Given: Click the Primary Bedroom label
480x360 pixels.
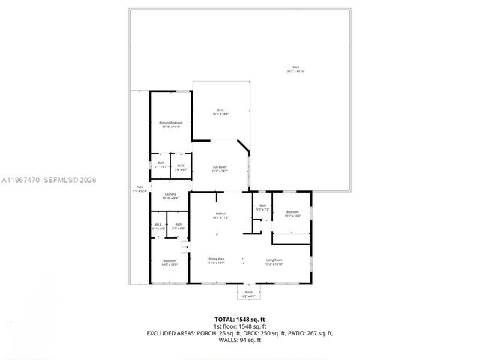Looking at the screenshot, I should tap(170, 124).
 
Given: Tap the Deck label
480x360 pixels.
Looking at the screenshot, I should tap(220, 112).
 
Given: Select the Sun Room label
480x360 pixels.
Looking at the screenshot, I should tap(219, 169).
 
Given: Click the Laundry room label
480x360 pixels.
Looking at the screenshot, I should tap(169, 196).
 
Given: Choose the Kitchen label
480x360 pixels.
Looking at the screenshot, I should tap(220, 216).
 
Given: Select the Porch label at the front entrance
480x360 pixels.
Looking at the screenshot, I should tap(248, 293).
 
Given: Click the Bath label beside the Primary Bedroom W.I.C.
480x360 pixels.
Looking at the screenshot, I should tap(160, 164).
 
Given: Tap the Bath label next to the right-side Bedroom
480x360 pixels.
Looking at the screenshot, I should tap(262, 208).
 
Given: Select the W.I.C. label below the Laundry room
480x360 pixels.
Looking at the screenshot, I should tap(158, 226).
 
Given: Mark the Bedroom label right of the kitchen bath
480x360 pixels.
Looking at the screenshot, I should tap(292, 214).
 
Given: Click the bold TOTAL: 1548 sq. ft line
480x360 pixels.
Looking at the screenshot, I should tap(239, 319).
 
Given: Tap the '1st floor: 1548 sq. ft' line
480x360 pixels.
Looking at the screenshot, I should tap(239, 326).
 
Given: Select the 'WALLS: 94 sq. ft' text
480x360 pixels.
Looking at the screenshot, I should tap(239, 340).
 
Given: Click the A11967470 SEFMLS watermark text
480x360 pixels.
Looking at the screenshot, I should tap(49, 180).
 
